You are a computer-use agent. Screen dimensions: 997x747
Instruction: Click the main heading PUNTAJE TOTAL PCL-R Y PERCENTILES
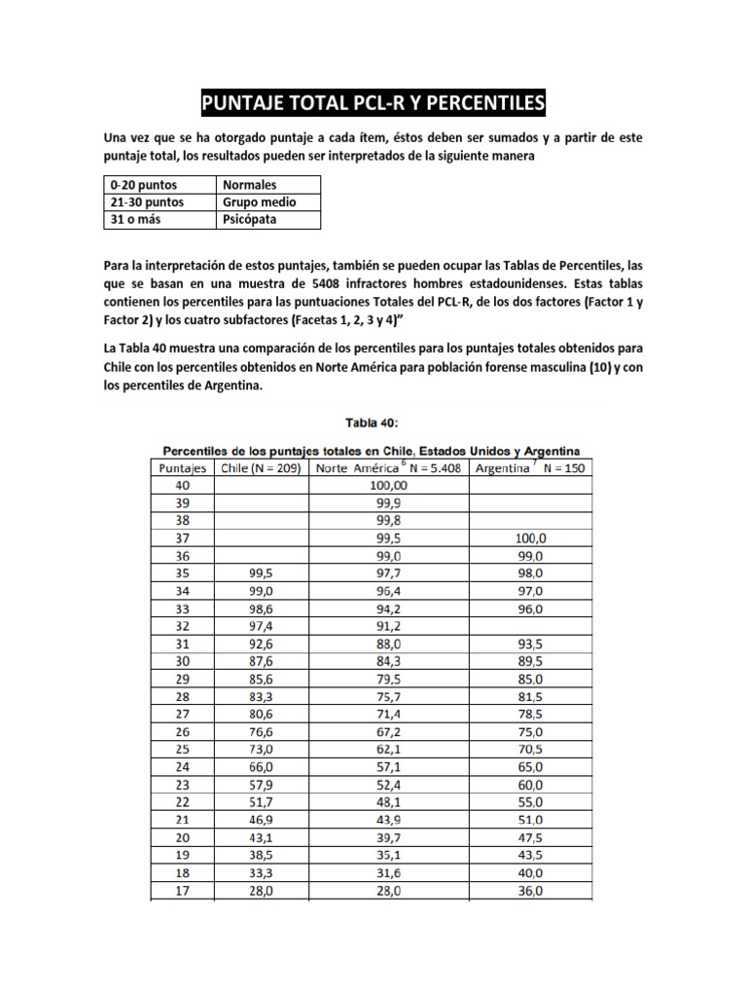coord(373,102)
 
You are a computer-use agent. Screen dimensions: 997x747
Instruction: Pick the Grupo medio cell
coord(259,203)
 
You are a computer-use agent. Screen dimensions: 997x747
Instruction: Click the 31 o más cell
coord(135,220)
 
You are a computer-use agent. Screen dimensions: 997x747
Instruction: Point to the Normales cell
coord(250,184)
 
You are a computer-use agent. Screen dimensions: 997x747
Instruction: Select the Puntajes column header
coord(183,466)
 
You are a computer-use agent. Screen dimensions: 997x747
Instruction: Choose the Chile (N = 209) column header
coord(261,466)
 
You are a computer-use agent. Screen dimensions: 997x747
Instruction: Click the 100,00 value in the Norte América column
coord(389,484)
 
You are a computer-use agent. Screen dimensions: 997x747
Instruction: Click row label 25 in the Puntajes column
coord(183,748)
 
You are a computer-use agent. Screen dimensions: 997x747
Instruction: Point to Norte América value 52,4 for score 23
coord(389,783)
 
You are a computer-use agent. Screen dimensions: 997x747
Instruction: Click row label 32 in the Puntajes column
coord(183,625)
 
